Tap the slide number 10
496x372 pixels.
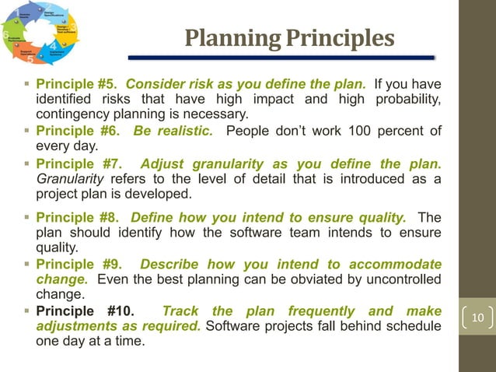(x=477, y=318)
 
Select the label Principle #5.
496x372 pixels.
(x=77, y=84)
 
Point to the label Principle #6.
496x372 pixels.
(x=77, y=130)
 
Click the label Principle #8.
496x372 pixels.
(x=77, y=217)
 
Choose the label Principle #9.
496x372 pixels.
(x=77, y=263)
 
